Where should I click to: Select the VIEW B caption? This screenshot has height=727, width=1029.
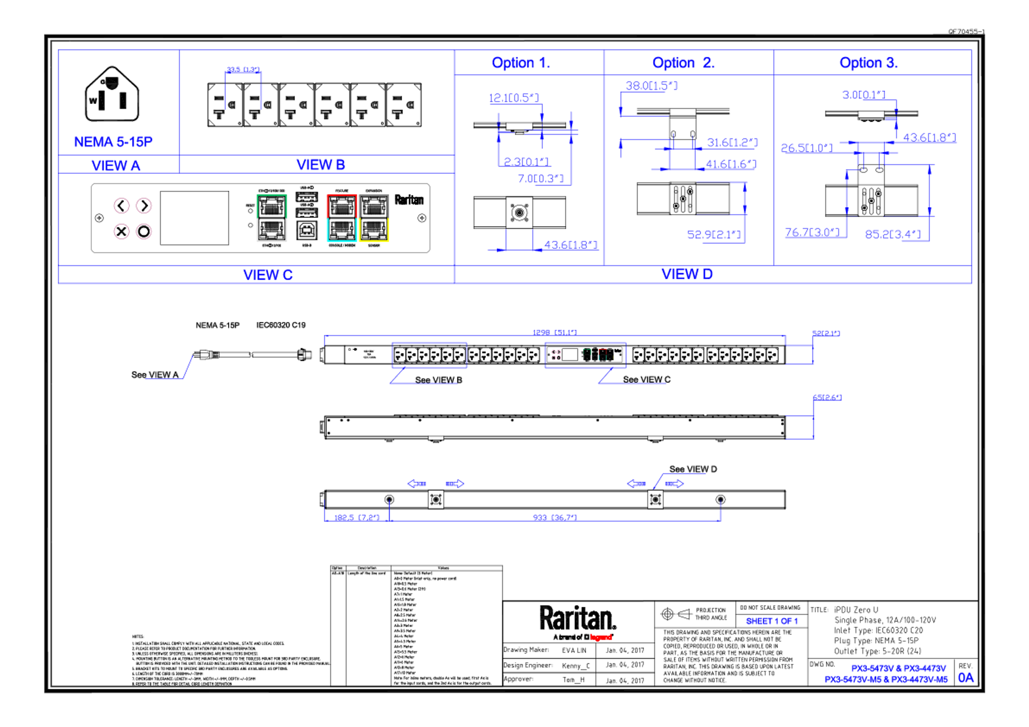[x=321, y=165]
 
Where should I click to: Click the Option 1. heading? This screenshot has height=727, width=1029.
[x=521, y=63]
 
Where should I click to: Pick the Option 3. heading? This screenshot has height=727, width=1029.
[x=868, y=63]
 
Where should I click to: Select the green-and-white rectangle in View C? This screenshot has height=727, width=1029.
[x=272, y=218]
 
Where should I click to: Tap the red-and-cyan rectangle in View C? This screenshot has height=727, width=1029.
[x=341, y=218]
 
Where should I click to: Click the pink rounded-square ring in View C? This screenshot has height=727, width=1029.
[x=121, y=232]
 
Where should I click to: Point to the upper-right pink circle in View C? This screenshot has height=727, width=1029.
[x=144, y=206]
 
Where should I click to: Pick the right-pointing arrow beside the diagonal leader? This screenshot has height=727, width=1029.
[x=674, y=483]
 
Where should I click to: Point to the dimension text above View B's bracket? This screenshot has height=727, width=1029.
[x=243, y=69]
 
